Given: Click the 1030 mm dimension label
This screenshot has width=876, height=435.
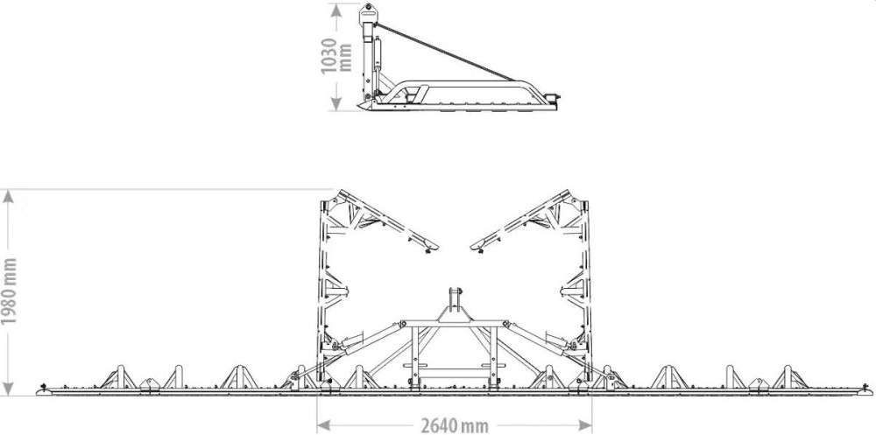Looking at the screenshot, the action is (x=336, y=56).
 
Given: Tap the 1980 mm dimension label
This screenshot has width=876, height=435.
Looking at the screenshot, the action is (x=9, y=291).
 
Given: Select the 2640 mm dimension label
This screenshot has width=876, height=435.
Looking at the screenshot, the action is (x=454, y=426).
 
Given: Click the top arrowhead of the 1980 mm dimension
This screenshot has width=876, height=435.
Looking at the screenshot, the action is (x=8, y=197).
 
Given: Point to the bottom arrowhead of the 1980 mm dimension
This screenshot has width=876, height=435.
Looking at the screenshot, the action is (x=8, y=389).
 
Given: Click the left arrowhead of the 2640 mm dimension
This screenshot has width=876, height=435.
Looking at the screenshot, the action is (x=324, y=425).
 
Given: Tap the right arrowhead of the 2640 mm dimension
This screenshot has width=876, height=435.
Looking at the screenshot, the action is (x=585, y=425).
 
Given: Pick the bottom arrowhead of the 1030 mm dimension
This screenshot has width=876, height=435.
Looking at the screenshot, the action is (x=336, y=103).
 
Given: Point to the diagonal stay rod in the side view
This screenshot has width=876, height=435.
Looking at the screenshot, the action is (x=445, y=53).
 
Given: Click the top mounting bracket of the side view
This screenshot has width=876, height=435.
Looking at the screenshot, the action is (x=368, y=12).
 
